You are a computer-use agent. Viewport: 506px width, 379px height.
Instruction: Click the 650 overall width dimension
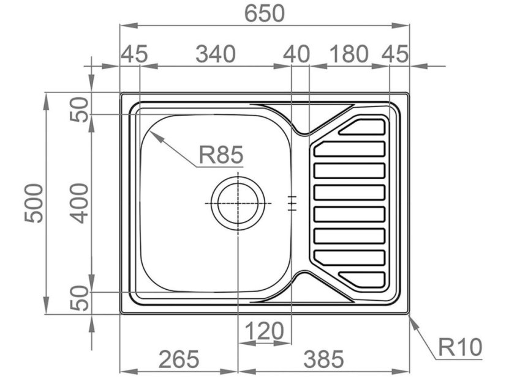coord(265,13)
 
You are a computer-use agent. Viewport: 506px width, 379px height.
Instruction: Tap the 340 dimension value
coord(215,54)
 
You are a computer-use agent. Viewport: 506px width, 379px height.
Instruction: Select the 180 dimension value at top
coord(349,54)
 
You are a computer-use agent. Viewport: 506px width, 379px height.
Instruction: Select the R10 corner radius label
coord(460,348)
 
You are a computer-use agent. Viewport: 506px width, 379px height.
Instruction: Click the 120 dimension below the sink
coord(264,332)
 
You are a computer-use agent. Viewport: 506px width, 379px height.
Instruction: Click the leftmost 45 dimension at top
coord(134,54)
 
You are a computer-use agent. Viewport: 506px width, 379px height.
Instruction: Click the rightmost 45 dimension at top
coord(395,54)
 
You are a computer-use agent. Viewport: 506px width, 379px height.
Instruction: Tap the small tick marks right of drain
coord(293,203)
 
